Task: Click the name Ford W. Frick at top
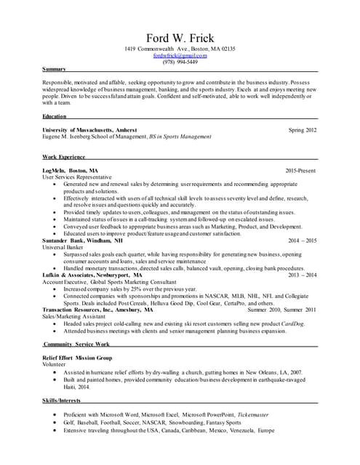pos(180,38)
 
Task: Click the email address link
pos(180,55)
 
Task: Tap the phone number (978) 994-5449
pos(180,62)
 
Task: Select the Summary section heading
pos(55,69)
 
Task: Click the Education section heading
pos(55,116)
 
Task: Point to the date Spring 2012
pos(303,129)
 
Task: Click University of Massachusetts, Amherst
pos(89,129)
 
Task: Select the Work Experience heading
pos(64,157)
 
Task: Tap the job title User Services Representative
pos(77,177)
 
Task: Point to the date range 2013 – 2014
pos(303,275)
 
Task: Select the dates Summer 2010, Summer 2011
pos(282,310)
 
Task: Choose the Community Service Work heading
pos(76,344)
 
